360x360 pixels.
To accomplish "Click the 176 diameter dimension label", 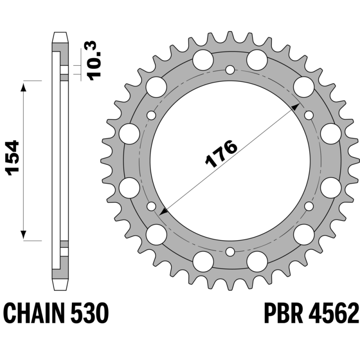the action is tap(221, 153).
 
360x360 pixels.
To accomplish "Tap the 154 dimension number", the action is tap(12, 158).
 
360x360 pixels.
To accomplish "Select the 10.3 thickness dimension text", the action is tap(94, 61).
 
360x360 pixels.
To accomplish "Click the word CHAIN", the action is tap(33, 313).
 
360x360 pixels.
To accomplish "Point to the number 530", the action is tap(89, 313).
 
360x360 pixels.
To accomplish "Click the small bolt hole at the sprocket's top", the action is tap(230, 70).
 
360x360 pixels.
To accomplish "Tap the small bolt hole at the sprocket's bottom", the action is tap(230, 252).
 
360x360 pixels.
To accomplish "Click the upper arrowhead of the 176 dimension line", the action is tap(296, 107).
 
